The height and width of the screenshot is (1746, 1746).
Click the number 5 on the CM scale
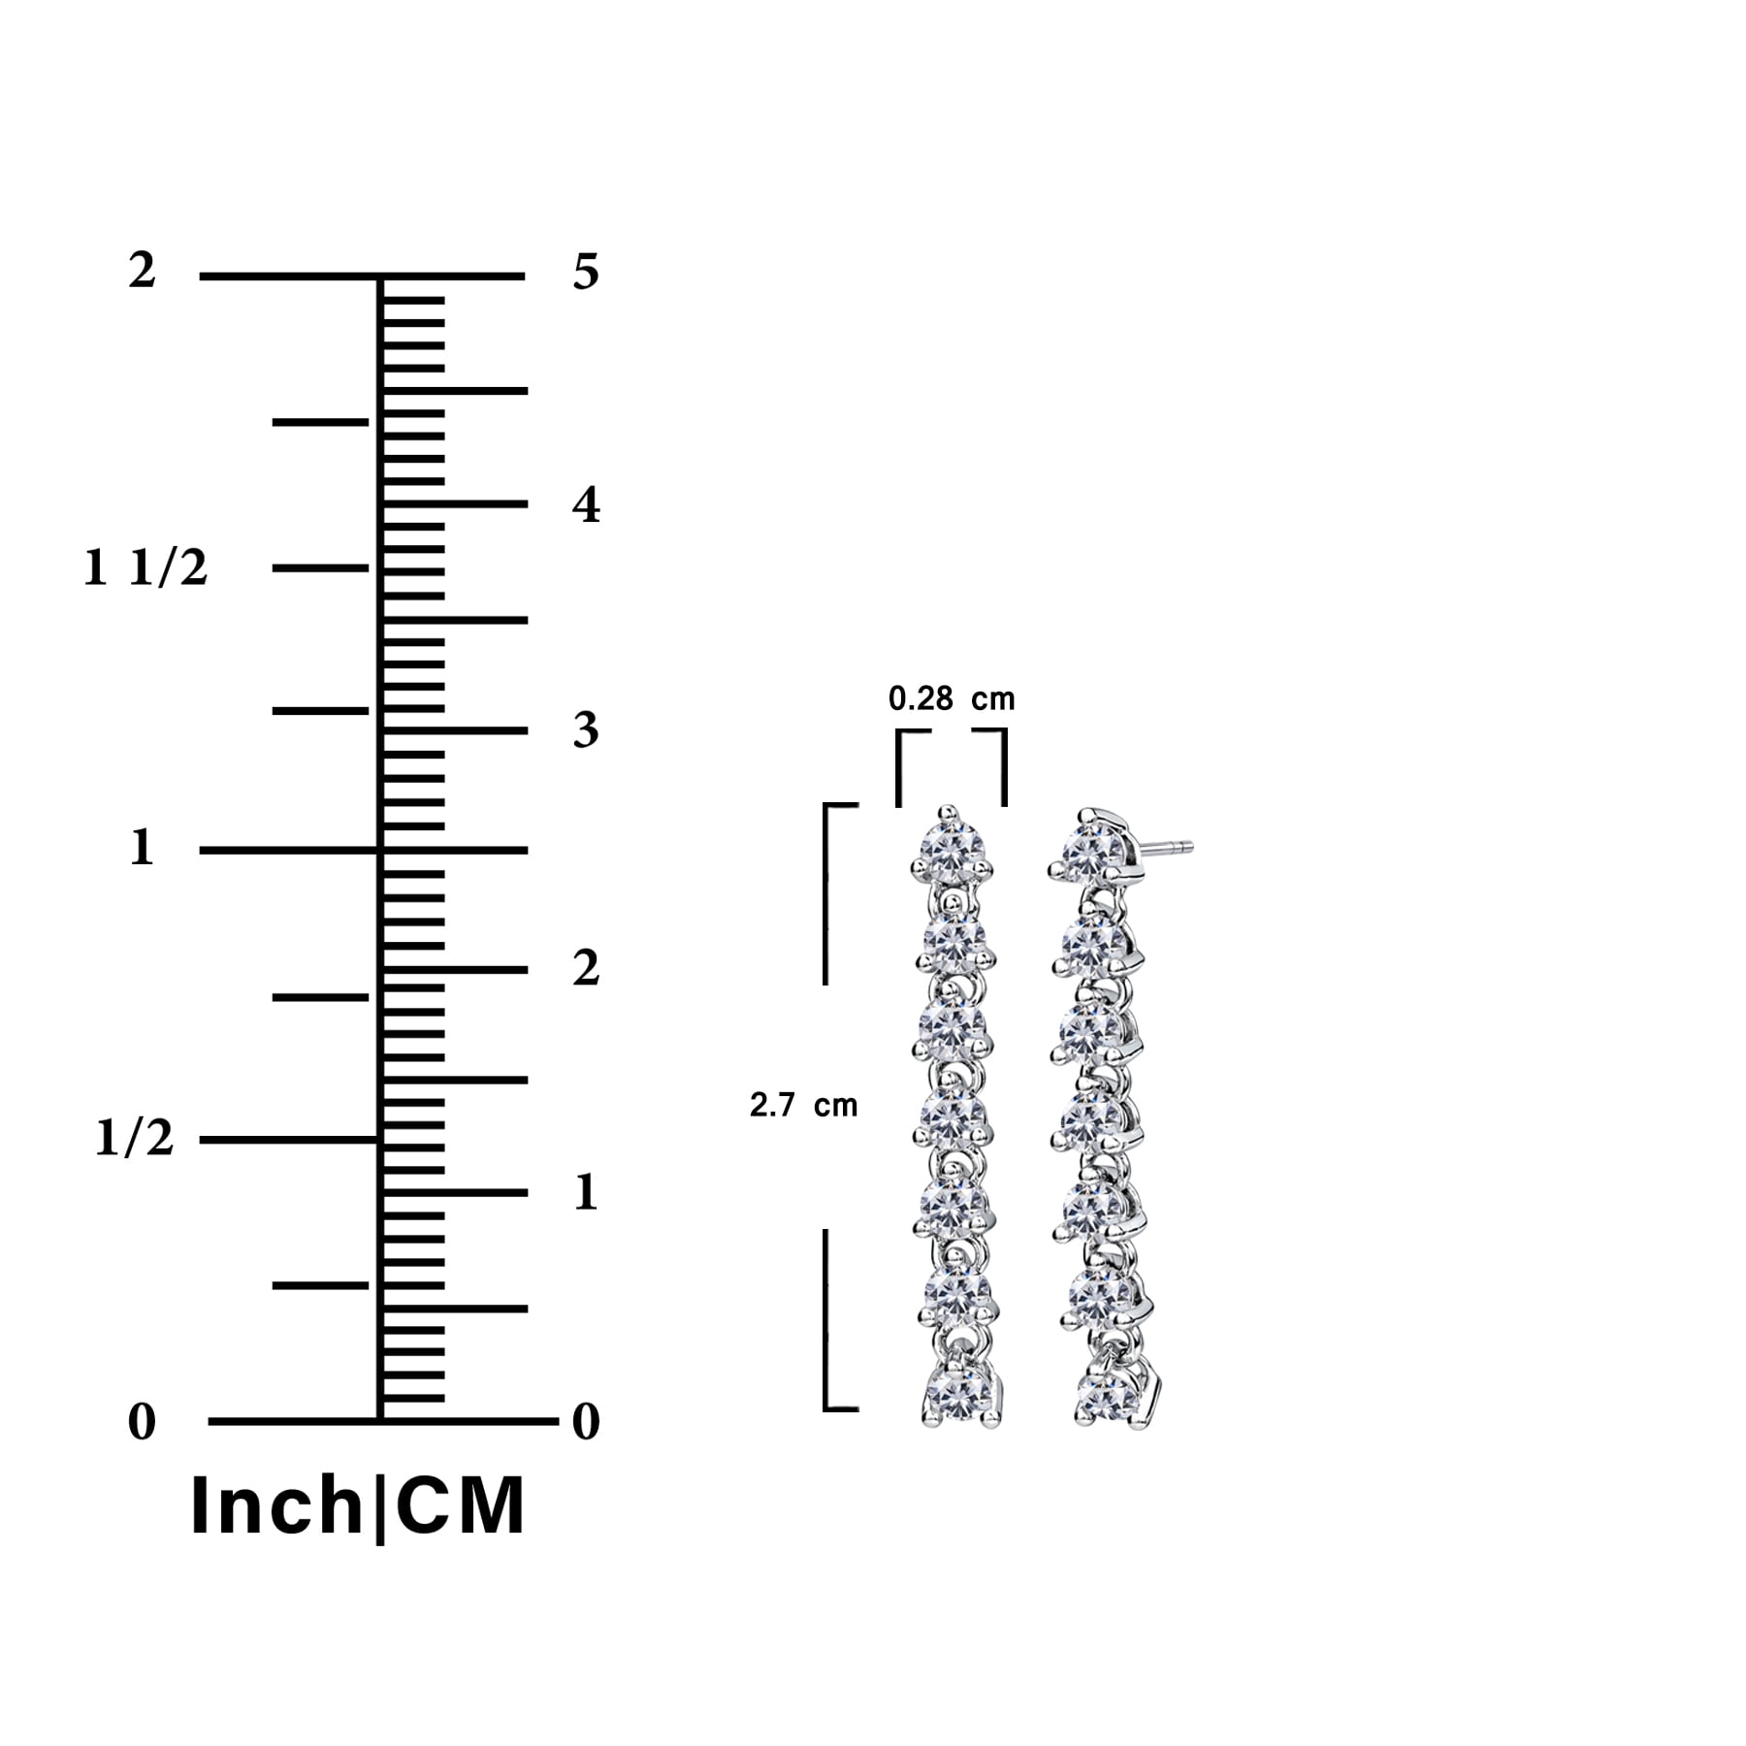586,272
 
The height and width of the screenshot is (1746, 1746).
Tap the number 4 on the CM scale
586,504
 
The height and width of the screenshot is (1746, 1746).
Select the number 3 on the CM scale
586,730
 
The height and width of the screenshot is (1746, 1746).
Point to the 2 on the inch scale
142,271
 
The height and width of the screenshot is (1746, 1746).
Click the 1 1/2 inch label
145,567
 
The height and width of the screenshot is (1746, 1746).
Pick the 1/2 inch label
135,1137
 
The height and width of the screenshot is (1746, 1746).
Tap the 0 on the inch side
142,1422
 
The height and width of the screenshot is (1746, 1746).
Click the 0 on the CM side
586,1422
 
